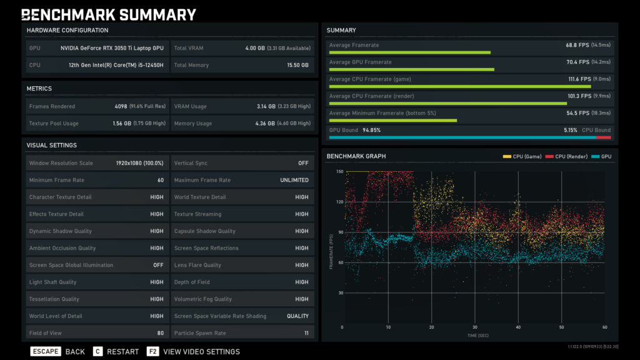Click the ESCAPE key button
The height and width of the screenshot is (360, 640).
[x=46, y=351]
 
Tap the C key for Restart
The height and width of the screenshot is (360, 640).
[x=97, y=351]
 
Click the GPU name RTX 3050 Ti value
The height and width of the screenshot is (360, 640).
[x=112, y=47]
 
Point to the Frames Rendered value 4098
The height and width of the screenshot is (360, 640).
[x=121, y=106]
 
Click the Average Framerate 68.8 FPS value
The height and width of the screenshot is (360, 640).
[x=575, y=45]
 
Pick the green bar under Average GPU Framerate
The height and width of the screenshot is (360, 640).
[x=411, y=69]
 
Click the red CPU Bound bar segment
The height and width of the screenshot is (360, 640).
[x=603, y=137]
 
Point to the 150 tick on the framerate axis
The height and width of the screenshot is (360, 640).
[x=339, y=171]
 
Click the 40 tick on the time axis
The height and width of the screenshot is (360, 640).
[x=518, y=327]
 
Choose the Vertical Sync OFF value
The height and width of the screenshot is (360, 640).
[x=303, y=163]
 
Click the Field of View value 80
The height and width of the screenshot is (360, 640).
[x=160, y=333]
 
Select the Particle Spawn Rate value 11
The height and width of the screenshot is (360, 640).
[x=306, y=333]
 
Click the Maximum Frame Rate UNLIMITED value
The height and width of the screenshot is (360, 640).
[x=294, y=180]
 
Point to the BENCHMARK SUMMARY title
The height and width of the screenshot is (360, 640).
[x=109, y=14]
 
